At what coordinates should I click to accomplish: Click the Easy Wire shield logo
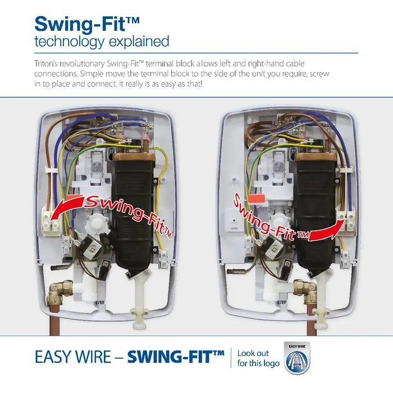(x=297, y=358)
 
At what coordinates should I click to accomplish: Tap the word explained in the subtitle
(x=139, y=42)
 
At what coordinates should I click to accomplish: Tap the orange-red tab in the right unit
(x=257, y=199)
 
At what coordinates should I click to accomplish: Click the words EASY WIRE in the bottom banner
(x=72, y=357)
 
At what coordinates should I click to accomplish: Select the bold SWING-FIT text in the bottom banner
(x=176, y=357)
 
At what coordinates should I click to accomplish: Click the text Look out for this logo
(x=258, y=358)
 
